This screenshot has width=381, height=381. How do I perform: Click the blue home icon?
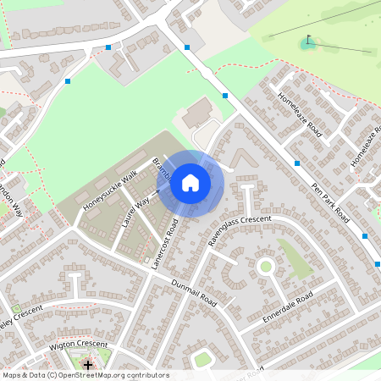click(190, 182)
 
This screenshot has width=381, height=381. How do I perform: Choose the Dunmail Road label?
click(195, 293)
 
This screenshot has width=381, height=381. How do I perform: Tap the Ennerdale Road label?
click(288, 306)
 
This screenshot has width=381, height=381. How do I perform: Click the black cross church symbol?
click(88, 363)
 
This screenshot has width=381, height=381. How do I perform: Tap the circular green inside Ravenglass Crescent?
click(265, 267)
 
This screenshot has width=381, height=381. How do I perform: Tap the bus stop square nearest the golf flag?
click(224, 96)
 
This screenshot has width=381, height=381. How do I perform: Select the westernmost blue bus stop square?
click(68, 81)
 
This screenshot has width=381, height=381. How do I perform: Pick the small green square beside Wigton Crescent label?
click(16, 308)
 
